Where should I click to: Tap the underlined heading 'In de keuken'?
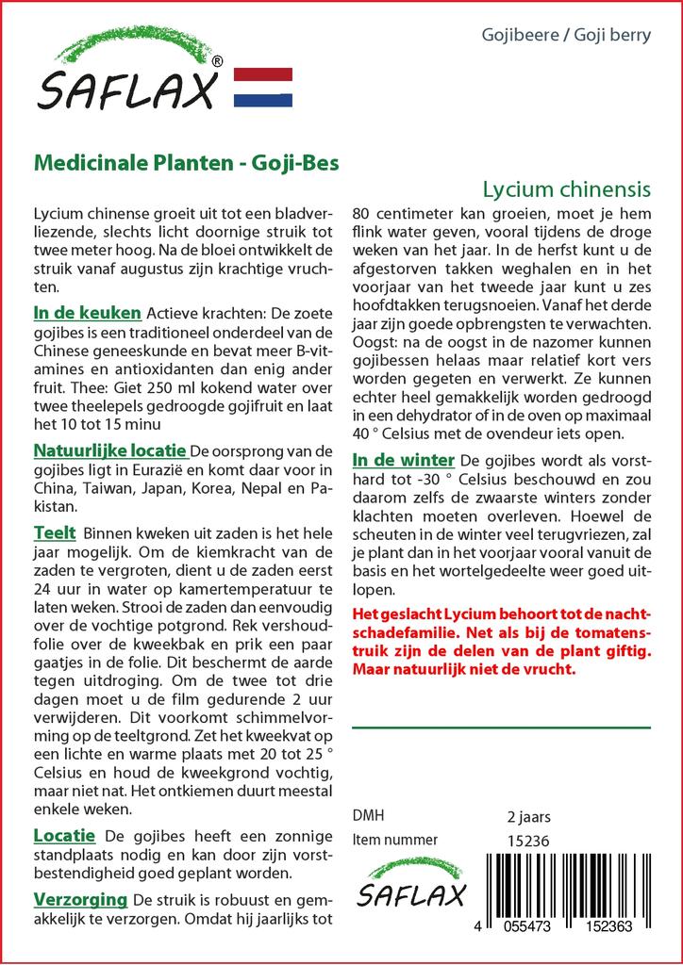click(87, 313)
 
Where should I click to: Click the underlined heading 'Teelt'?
click(55, 533)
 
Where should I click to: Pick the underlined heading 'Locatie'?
click(64, 835)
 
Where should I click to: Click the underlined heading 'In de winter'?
click(403, 460)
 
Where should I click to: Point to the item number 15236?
click(528, 841)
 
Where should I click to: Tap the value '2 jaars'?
click(529, 816)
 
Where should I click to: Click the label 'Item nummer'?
click(394, 840)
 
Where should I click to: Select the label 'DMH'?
click(368, 815)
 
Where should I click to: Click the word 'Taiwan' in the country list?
click(107, 489)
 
